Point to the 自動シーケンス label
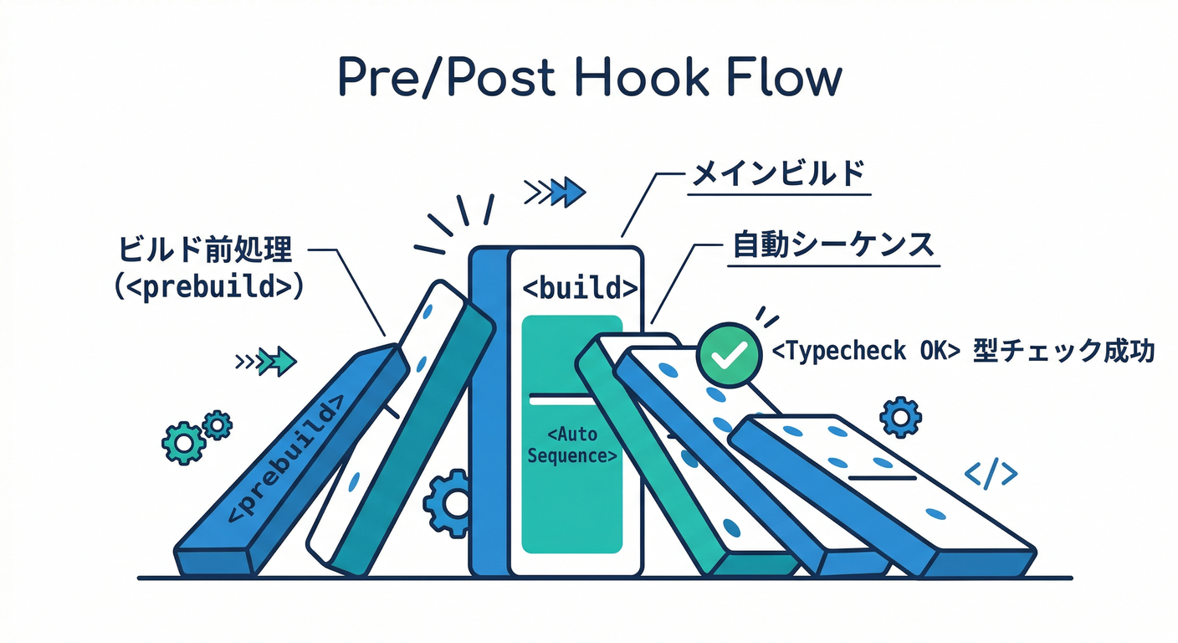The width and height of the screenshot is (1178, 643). click(832, 245)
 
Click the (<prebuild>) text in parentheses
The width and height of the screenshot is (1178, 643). click(207, 285)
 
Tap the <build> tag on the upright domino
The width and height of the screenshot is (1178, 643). click(580, 288)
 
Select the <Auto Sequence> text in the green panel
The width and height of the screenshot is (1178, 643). click(572, 445)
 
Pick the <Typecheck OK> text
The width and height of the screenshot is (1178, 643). click(864, 352)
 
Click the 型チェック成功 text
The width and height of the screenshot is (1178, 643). click(1063, 352)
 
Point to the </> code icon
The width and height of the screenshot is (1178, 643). click(991, 475)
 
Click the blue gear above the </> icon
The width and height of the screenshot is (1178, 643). click(900, 417)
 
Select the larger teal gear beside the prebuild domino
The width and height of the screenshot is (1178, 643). click(182, 443)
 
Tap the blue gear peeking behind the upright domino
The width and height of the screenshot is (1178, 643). click(448, 503)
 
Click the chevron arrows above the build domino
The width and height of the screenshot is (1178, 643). click(554, 193)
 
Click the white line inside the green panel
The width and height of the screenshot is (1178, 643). click(572, 400)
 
